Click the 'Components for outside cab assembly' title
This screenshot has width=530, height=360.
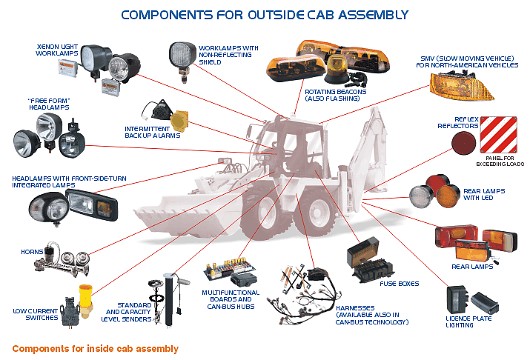[264, 14]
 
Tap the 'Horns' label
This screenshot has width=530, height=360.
[32, 252]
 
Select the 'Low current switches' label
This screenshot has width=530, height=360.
[35, 316]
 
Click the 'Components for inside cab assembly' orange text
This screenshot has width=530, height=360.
[95, 348]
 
